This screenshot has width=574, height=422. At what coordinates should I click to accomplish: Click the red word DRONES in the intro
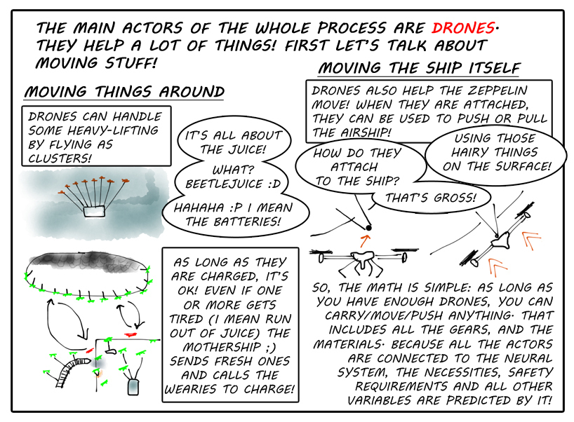(x=463, y=28)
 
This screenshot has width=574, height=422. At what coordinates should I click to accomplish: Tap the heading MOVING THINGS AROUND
(x=124, y=91)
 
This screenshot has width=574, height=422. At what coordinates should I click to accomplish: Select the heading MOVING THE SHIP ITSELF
(x=419, y=68)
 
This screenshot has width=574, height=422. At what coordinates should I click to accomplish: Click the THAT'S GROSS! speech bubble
(x=431, y=198)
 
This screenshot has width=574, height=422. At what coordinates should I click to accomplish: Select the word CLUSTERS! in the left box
(x=60, y=158)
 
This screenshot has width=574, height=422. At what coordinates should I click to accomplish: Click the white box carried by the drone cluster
(x=94, y=212)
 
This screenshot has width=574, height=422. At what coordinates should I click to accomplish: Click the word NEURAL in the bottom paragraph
(x=528, y=358)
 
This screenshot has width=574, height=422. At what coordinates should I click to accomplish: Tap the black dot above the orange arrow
(x=368, y=228)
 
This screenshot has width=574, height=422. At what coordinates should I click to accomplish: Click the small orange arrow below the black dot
(x=365, y=241)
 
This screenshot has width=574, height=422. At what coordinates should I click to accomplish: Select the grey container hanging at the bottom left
(x=133, y=387)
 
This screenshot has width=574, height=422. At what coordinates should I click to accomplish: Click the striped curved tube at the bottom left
(x=72, y=371)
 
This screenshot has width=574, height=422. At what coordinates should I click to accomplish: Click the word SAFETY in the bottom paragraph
(x=530, y=372)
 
